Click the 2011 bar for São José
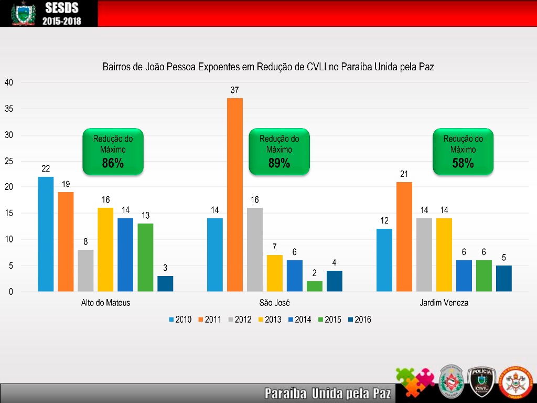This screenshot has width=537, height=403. coord(235,194)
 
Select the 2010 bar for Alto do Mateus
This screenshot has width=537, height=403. coord(46,234)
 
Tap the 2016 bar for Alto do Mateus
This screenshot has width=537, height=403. coord(165,283)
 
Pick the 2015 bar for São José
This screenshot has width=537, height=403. coord(315,286)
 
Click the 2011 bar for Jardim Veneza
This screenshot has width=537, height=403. coord(404,236)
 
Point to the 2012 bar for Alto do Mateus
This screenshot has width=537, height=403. coord(85,270)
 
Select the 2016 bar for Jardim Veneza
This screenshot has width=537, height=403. coord(504,278)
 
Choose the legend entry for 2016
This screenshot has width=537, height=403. coord(359,319)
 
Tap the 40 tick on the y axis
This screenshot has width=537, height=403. coord(9,82)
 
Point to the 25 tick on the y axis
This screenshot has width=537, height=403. coord(9,161)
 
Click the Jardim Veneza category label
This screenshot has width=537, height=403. coord(444,303)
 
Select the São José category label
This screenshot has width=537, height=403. coord(275,303)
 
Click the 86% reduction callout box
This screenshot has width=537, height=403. coord(113,151)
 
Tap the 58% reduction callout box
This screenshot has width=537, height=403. coord(463,151)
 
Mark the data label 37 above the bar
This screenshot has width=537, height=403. coord(235,90)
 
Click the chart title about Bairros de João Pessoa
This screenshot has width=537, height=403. coord(268,67)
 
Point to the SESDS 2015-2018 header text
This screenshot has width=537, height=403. coord(62,14)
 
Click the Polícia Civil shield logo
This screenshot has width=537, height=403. coord(481,380)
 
